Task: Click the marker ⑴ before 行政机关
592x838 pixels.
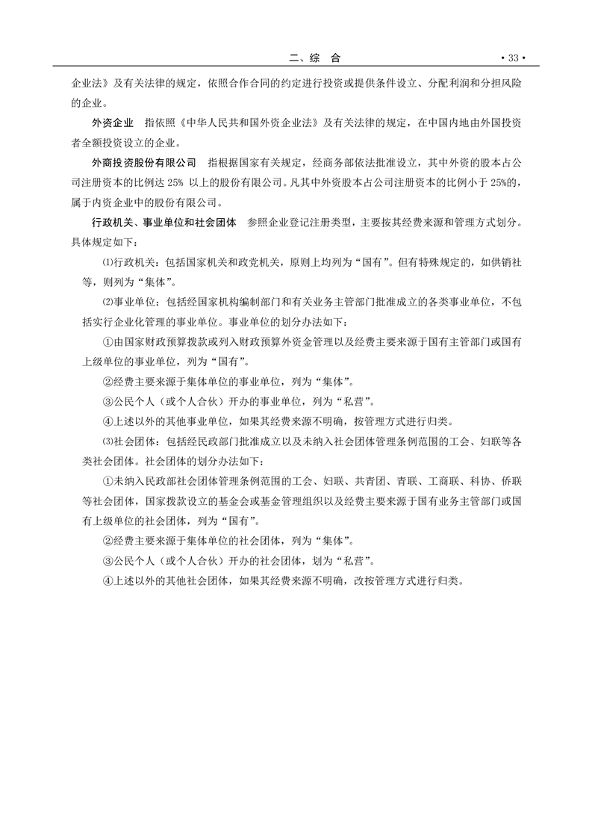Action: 105,262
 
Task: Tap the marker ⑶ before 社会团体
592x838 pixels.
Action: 105,442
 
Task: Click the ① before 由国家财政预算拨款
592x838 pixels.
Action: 105,342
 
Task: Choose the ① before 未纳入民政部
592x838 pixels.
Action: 105,482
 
